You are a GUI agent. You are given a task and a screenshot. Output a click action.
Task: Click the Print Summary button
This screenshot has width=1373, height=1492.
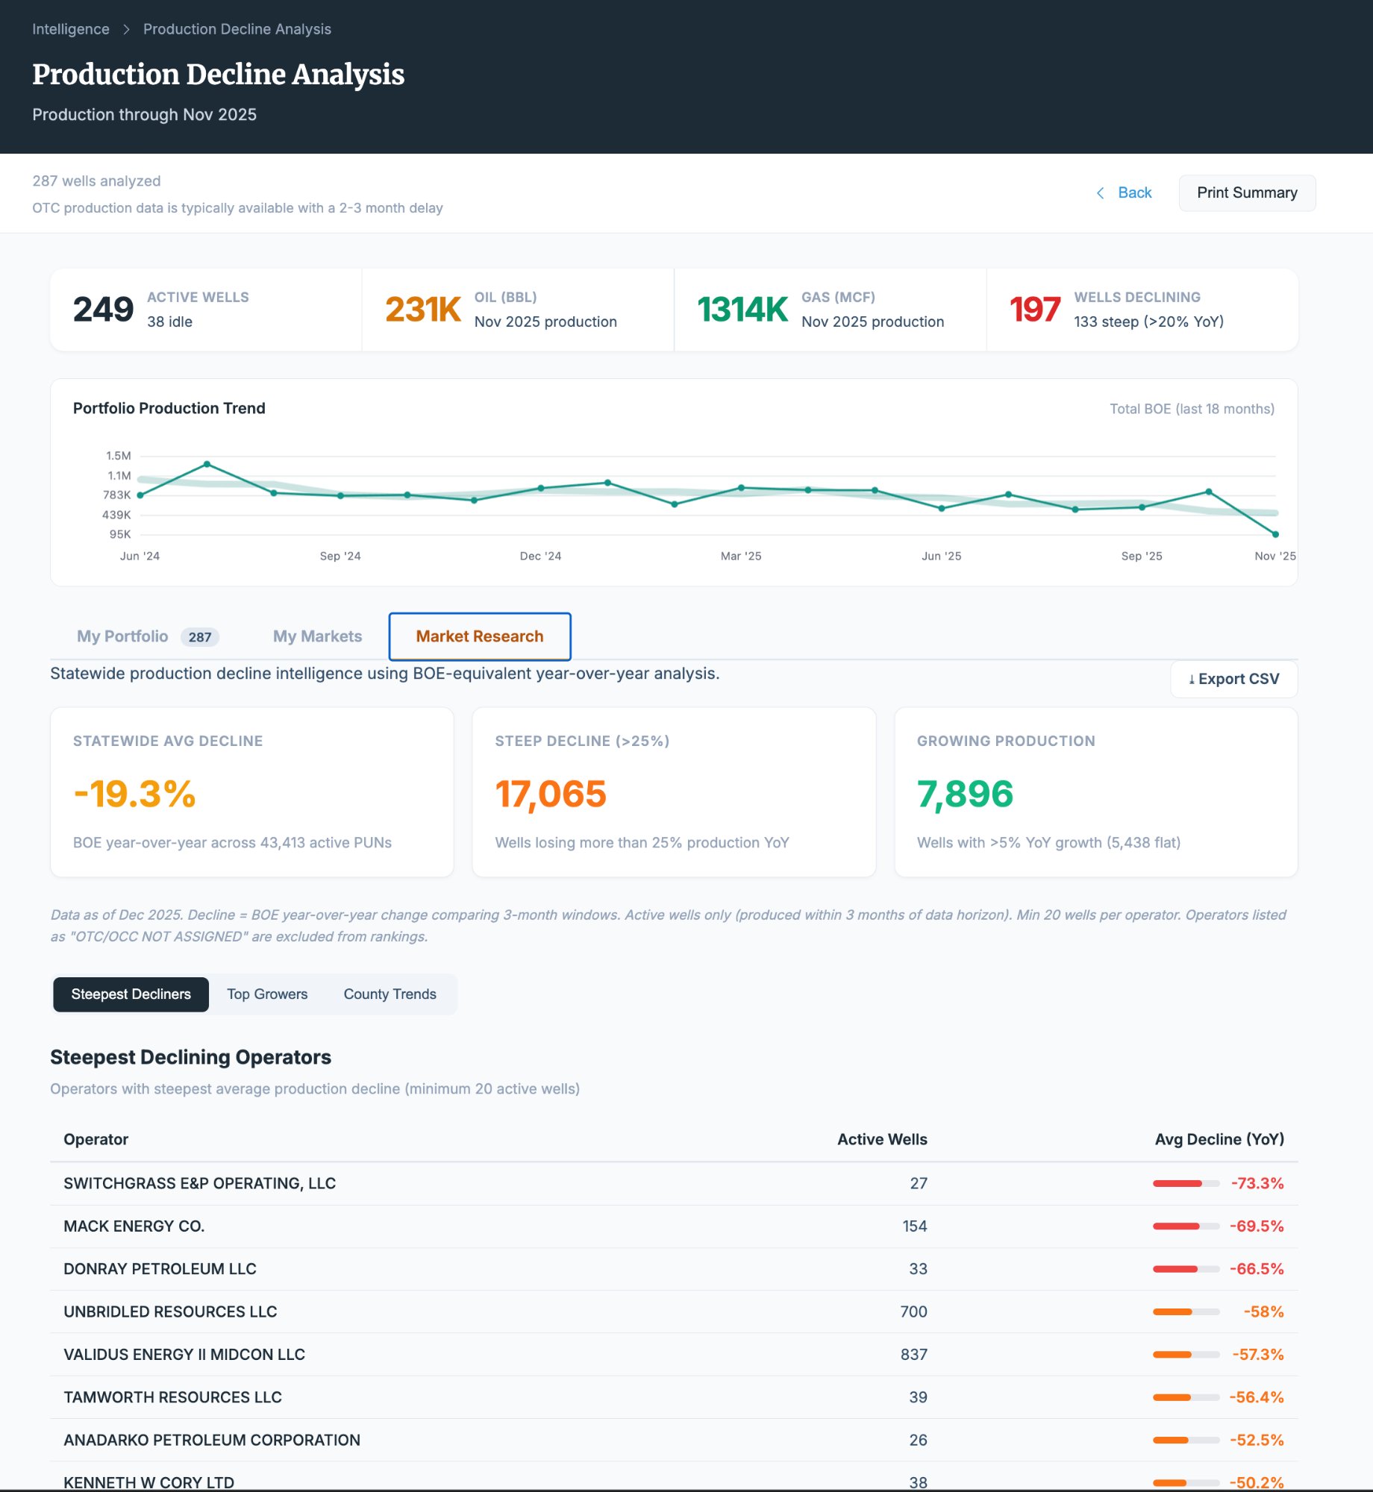click(1246, 193)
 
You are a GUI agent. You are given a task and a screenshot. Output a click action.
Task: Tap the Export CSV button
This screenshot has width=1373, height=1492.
click(1233, 679)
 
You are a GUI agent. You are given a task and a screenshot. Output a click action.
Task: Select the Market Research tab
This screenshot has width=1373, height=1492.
click(479, 636)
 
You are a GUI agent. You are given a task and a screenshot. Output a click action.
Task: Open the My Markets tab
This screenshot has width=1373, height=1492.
click(317, 636)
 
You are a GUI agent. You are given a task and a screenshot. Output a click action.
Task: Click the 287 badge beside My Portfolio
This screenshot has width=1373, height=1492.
click(199, 637)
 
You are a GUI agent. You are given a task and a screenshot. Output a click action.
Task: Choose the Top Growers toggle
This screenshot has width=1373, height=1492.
click(267, 994)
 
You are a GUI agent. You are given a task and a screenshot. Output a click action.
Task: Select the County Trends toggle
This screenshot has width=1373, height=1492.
click(390, 994)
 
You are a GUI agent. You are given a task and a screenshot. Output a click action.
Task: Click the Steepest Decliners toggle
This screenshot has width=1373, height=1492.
click(131, 994)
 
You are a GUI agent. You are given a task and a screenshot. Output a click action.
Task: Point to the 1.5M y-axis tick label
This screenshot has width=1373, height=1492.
click(118, 456)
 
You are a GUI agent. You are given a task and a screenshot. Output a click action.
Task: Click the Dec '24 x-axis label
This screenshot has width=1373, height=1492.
click(540, 557)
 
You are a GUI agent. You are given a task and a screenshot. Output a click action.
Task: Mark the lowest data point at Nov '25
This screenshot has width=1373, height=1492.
click(1275, 534)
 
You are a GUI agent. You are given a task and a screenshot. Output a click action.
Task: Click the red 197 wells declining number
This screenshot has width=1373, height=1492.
click(1034, 310)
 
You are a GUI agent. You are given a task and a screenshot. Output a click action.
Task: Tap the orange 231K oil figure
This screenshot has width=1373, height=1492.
click(422, 310)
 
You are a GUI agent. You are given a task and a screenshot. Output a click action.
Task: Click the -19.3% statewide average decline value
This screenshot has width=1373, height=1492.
click(134, 794)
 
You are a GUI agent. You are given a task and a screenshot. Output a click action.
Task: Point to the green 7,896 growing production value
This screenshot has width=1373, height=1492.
click(965, 794)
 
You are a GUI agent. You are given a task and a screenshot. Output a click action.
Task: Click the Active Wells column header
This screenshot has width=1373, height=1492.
click(881, 1139)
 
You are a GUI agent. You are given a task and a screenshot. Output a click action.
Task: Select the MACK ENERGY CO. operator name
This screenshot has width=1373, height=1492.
click(134, 1226)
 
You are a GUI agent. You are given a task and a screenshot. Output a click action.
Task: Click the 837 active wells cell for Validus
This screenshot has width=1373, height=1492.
click(913, 1355)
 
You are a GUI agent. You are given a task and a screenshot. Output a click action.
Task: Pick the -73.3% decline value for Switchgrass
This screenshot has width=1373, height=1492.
click(1257, 1184)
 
